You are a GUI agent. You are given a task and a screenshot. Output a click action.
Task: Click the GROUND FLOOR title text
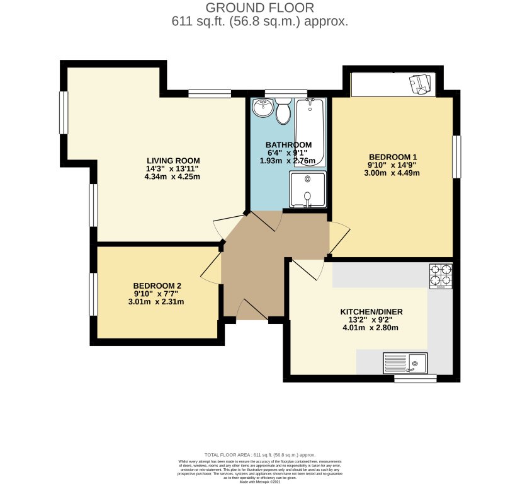coord(259,8)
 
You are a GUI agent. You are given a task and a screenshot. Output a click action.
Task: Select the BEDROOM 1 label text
coord(393,157)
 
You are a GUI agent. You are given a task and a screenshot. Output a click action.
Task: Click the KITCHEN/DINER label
coord(371,312)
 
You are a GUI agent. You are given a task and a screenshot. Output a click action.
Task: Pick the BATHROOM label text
coord(288,145)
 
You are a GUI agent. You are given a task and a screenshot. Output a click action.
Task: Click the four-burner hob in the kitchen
coord(441,275)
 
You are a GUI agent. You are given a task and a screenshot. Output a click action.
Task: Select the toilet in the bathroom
coord(283,112)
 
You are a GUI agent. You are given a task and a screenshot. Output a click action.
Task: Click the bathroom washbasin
coord(262,108)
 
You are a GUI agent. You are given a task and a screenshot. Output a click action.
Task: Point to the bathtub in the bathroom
coord(310,132)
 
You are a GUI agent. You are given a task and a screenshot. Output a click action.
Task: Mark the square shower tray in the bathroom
coord(308,189)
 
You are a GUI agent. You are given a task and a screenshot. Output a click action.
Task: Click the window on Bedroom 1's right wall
coord(456,156)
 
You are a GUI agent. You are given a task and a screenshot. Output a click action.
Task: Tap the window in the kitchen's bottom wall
coord(415,379)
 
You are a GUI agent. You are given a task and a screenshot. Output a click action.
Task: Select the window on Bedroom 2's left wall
coord(94,293)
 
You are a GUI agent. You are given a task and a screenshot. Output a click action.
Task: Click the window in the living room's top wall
coord(209,94)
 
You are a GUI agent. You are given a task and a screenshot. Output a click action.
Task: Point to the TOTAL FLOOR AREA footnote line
coord(259,454)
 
